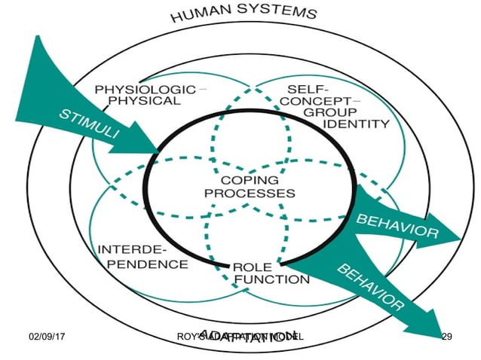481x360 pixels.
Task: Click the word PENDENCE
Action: [x=142, y=264]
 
